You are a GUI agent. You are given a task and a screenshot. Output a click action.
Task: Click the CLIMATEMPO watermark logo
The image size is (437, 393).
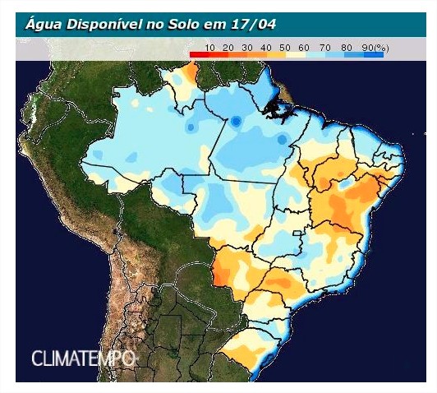tap(82, 358)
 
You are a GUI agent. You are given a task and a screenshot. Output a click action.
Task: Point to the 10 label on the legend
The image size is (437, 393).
tap(210, 48)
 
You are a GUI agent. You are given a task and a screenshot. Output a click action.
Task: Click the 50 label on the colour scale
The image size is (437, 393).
tap(285, 48)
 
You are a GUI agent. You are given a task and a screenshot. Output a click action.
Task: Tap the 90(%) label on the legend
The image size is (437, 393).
tap(375, 48)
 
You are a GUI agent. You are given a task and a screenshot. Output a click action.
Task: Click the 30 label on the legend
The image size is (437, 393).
tap(247, 48)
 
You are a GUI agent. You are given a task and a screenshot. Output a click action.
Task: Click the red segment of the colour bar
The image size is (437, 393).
tap(201, 55)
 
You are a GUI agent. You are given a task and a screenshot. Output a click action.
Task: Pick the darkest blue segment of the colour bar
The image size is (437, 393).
tap(374, 55)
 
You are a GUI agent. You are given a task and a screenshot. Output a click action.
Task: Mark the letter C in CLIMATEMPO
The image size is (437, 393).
tap(37, 358)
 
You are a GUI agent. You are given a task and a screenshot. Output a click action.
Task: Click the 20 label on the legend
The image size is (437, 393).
tap(228, 48)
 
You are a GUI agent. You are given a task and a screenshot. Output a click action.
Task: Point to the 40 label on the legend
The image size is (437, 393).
tap(266, 48)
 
